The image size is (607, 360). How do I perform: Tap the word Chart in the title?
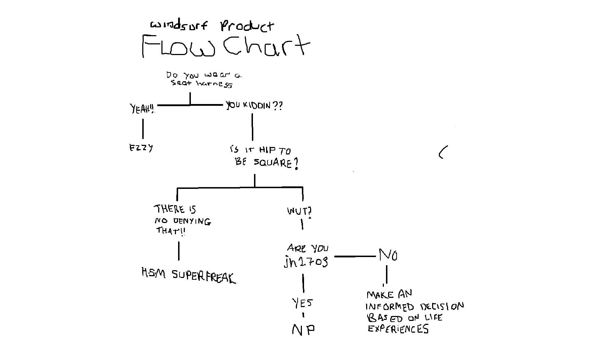tap(266, 45)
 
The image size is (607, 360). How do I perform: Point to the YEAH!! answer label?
tap(142, 108)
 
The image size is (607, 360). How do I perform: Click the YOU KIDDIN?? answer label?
tap(254, 105)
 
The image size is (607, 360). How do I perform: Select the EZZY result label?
tap(141, 148)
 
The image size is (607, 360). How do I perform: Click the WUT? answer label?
tap(299, 211)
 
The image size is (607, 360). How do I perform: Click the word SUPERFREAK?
tap(204, 276)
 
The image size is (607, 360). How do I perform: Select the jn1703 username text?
tap(306, 261)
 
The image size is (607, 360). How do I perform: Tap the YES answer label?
tap(302, 303)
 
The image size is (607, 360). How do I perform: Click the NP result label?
tap(303, 330)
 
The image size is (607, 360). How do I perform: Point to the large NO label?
tap(388, 255)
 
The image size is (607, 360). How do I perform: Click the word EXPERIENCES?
tap(398, 329)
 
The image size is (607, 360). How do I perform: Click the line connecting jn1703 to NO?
tap(355, 256)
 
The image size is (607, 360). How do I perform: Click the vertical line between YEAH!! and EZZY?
tap(143, 129)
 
